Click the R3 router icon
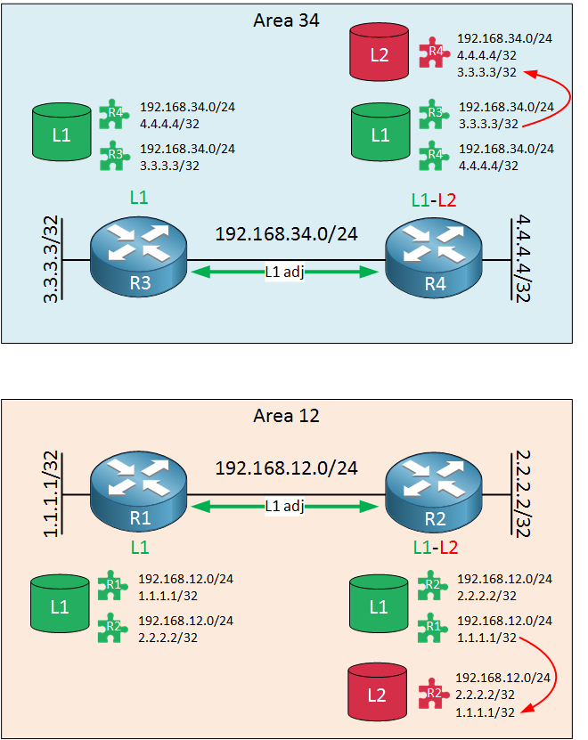click(138, 256)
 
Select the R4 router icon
click(434, 257)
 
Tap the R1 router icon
click(138, 492)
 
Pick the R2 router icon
click(434, 492)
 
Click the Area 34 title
click(286, 20)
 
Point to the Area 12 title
click(286, 416)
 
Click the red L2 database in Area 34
click(380, 52)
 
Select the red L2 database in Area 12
click(377, 692)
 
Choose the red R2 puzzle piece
click(432, 694)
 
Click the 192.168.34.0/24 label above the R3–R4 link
click(286, 234)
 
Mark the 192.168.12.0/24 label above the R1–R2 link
click(286, 468)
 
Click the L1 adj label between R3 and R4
click(284, 272)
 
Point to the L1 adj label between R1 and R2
click(284, 507)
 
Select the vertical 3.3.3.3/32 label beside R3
click(51, 259)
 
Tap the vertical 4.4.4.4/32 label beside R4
click(523, 258)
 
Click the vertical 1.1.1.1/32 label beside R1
click(51, 493)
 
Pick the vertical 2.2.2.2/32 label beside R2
click(523, 493)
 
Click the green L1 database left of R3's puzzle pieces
click(61, 132)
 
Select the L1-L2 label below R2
click(436, 548)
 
